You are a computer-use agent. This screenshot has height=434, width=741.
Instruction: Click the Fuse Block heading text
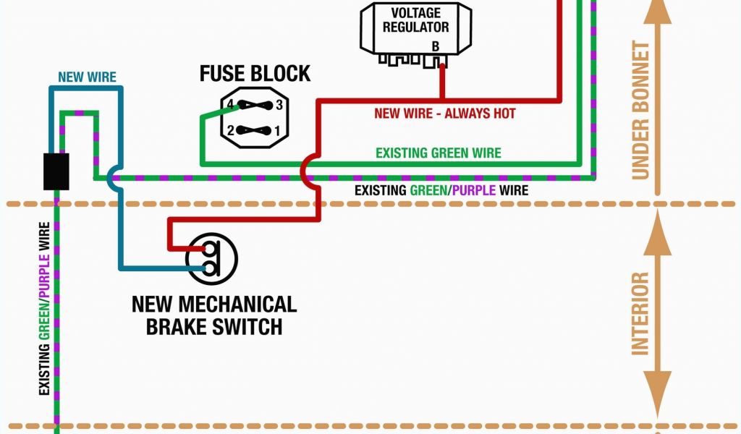pos(255,74)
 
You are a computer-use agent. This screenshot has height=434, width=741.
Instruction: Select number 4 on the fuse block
pos(230,105)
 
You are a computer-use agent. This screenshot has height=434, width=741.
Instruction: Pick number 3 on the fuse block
pos(279,105)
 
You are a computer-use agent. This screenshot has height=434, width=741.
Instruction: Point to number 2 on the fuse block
pos(230,131)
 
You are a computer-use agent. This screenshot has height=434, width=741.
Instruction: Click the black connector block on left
pos(56,171)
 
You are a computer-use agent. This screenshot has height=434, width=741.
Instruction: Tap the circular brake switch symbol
pos(211,258)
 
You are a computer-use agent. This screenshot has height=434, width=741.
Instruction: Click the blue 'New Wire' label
pos(87,77)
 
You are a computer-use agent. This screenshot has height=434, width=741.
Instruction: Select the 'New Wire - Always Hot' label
pos(444,114)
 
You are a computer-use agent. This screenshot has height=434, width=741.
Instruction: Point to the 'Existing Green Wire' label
pos(438,153)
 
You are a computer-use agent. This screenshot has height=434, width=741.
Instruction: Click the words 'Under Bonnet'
pos(640,110)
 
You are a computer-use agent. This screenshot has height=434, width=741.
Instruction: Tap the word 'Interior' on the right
pos(640,313)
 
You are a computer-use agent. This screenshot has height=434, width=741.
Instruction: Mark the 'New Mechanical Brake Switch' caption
pos(214,315)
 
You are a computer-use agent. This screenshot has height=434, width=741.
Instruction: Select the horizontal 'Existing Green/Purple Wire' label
pos(441,191)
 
